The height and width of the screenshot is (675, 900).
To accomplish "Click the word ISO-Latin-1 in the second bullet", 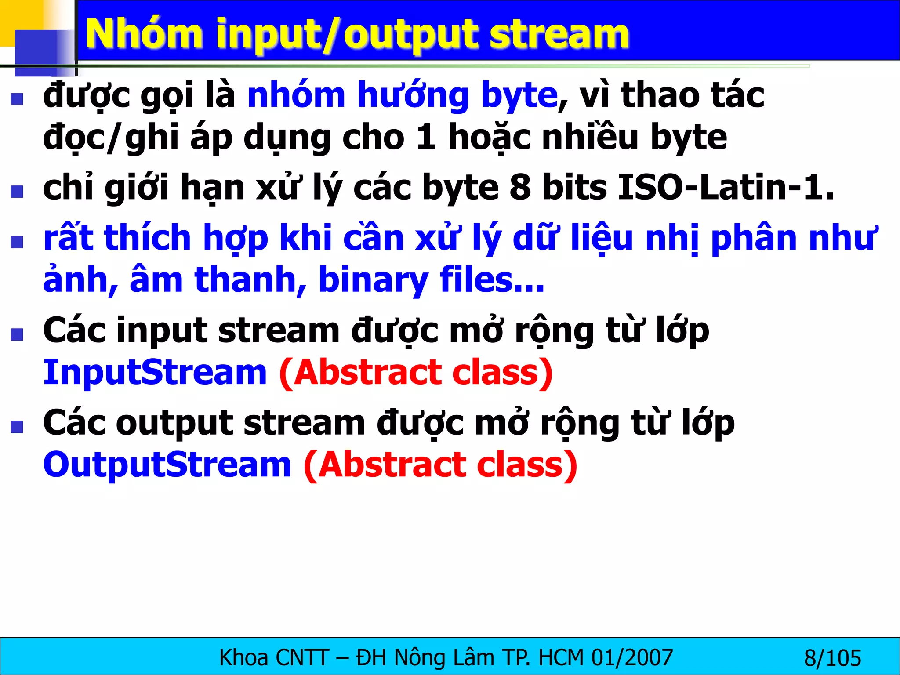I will [726, 188].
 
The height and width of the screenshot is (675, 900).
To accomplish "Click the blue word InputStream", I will [155, 373].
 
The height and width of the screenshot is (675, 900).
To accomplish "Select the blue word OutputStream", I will [167, 465].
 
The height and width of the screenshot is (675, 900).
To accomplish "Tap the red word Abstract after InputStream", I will [367, 373].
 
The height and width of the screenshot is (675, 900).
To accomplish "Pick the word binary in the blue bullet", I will [373, 280].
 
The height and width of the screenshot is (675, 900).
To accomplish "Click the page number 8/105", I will [832, 658].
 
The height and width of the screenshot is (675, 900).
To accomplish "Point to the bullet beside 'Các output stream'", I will [17, 427].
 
